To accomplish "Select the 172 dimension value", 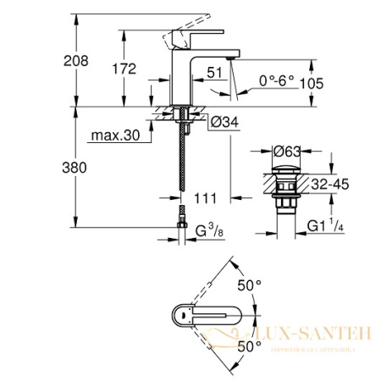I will (124, 69).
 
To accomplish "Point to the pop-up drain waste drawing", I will (286, 195).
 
